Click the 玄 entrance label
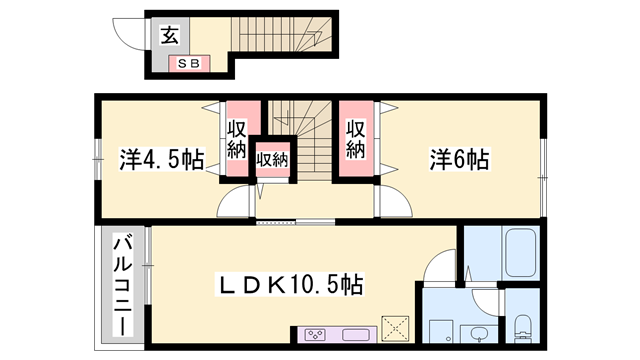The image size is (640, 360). [x=169, y=35]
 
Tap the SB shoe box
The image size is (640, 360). [x=189, y=64]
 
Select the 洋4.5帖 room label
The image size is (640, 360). [x=162, y=159]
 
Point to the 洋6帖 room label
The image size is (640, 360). [x=459, y=159]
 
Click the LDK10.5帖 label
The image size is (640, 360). [x=289, y=284]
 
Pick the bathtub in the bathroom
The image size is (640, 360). [x=520, y=253]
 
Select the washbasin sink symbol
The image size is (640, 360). [x=478, y=334]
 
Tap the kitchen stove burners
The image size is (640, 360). [x=315, y=335]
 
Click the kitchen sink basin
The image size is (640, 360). [x=356, y=335]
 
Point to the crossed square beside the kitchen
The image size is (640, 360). [x=395, y=328]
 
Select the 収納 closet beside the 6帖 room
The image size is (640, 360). [x=356, y=139]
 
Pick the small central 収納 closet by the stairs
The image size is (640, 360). [x=272, y=159]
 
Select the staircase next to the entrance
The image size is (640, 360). [x=282, y=34]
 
